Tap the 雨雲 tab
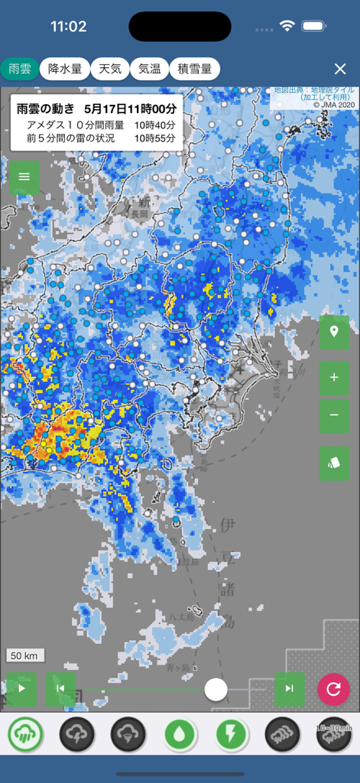coord(20,69)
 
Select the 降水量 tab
coord(65,69)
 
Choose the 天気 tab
coord(110,69)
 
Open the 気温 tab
coord(149,69)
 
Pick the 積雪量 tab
coord(195,69)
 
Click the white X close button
coord(340,69)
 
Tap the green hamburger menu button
coord(24,177)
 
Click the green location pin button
coord(334,333)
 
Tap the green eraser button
coord(334,463)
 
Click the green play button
coord(21,688)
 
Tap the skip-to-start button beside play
coord(60,688)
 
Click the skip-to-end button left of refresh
coord(290,688)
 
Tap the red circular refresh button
coord(333,689)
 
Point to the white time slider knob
coord(216,689)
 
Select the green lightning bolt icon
coord(231,735)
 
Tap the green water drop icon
coord(180,735)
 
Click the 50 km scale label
coord(26,655)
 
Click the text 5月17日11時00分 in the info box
coord(131,109)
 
